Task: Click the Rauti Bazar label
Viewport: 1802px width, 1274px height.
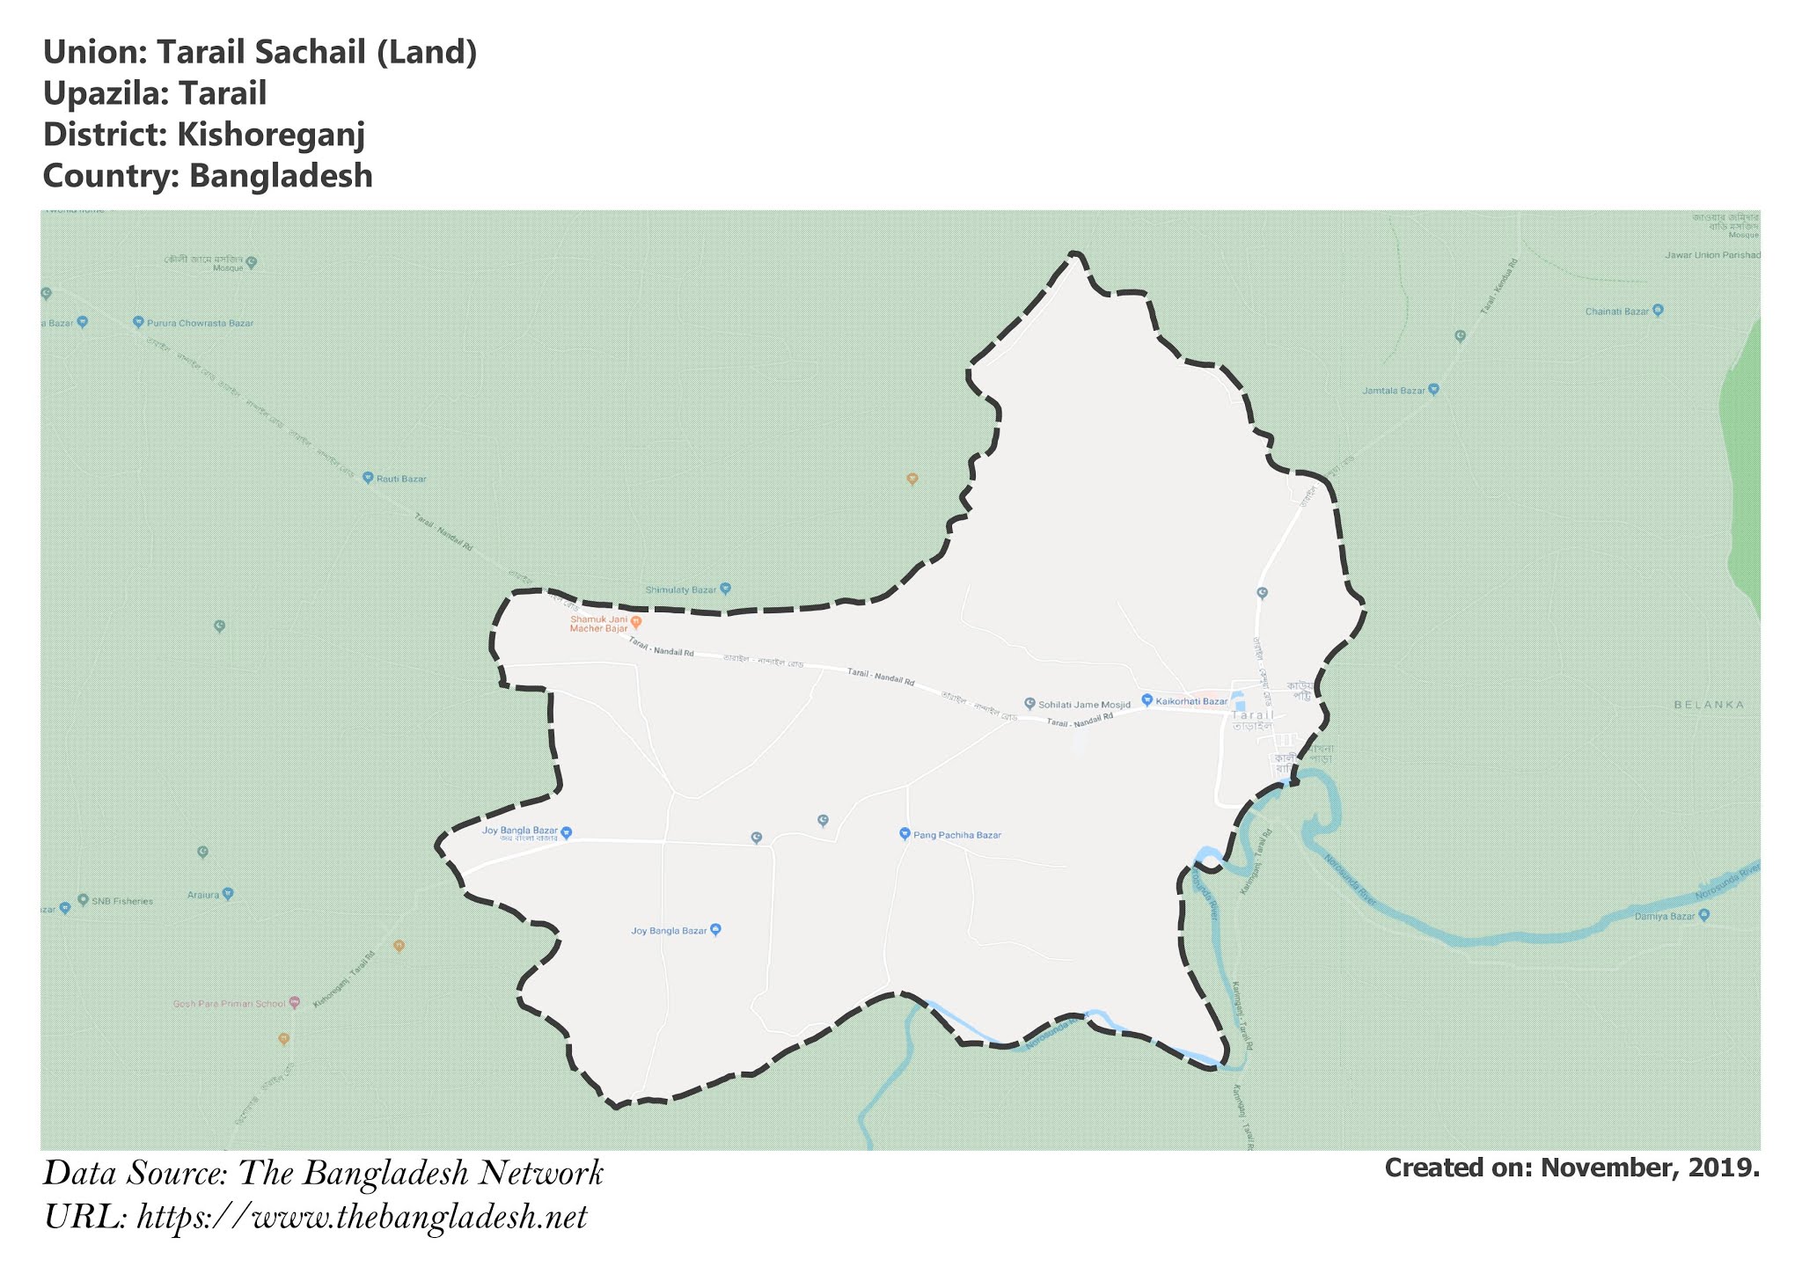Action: click(x=401, y=480)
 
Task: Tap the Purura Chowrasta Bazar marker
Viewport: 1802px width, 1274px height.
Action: click(x=138, y=322)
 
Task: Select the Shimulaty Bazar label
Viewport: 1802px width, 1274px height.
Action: click(x=681, y=589)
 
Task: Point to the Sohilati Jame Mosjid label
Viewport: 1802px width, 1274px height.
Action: click(x=1084, y=705)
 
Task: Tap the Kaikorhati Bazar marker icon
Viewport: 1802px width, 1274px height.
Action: click(x=1146, y=699)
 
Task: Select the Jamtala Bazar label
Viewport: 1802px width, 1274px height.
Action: click(x=1394, y=391)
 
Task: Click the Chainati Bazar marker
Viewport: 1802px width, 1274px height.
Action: click(x=1658, y=310)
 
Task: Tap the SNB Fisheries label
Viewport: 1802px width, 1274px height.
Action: click(x=121, y=901)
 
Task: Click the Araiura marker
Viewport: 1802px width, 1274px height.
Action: click(x=228, y=893)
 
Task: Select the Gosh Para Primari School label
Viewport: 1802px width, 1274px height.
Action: click(x=229, y=1004)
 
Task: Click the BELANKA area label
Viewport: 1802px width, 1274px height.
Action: click(x=1709, y=705)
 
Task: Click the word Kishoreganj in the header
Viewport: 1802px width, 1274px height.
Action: click(x=271, y=135)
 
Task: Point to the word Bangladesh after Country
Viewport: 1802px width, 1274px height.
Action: click(x=281, y=176)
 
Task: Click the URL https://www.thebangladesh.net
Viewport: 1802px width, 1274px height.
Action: click(x=362, y=1218)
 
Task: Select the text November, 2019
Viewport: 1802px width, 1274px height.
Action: click(x=1650, y=1168)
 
